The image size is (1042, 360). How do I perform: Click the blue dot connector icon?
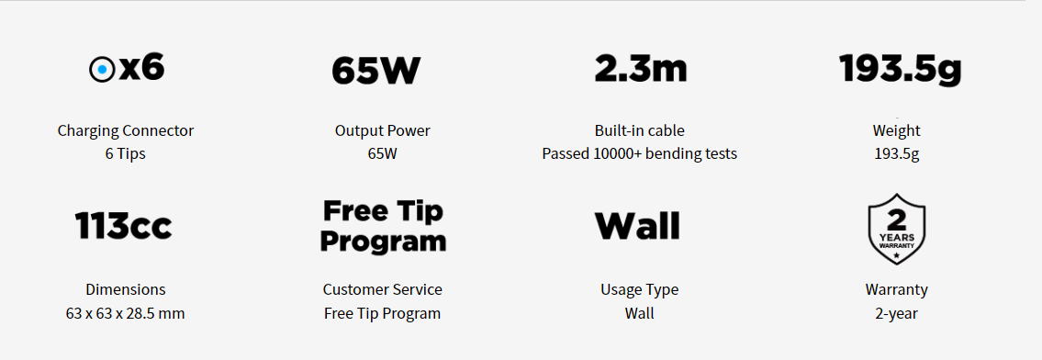[102, 70]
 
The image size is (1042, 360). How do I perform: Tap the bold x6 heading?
[141, 68]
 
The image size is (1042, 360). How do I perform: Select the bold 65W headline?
[376, 71]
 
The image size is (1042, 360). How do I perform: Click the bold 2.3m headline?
[641, 68]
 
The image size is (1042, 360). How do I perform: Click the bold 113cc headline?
[124, 226]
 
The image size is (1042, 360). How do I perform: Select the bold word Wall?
[637, 226]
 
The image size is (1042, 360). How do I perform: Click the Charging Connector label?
[126, 130]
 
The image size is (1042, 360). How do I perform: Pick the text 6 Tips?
[125, 154]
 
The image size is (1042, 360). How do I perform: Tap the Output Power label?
[382, 130]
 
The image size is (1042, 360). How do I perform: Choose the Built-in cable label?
[639, 130]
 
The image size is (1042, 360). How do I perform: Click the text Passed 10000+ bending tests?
[639, 154]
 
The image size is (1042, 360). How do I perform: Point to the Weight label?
[896, 130]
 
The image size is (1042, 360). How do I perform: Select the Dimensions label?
[126, 290]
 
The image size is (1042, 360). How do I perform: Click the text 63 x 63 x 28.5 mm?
[125, 313]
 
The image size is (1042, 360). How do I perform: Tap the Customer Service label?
[382, 290]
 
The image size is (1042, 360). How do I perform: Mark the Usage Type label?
[639, 290]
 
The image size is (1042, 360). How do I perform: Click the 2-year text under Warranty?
[896, 313]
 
